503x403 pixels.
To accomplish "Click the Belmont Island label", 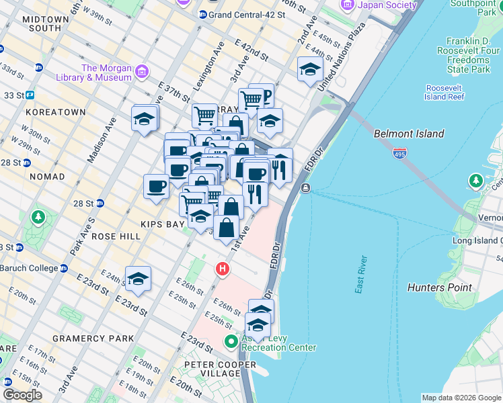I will (x=409, y=134).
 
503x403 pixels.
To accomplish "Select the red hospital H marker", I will (x=222, y=270).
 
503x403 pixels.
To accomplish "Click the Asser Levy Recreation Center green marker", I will (x=231, y=341).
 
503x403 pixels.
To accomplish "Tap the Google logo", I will (x=23, y=395).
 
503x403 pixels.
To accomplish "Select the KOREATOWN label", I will (x=56, y=111).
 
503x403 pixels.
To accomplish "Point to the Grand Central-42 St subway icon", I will (x=202, y=14).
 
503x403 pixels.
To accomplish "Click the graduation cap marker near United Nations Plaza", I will (x=310, y=69).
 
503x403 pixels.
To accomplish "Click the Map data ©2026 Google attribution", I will (x=461, y=398).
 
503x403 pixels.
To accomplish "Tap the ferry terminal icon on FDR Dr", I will (x=306, y=187).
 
